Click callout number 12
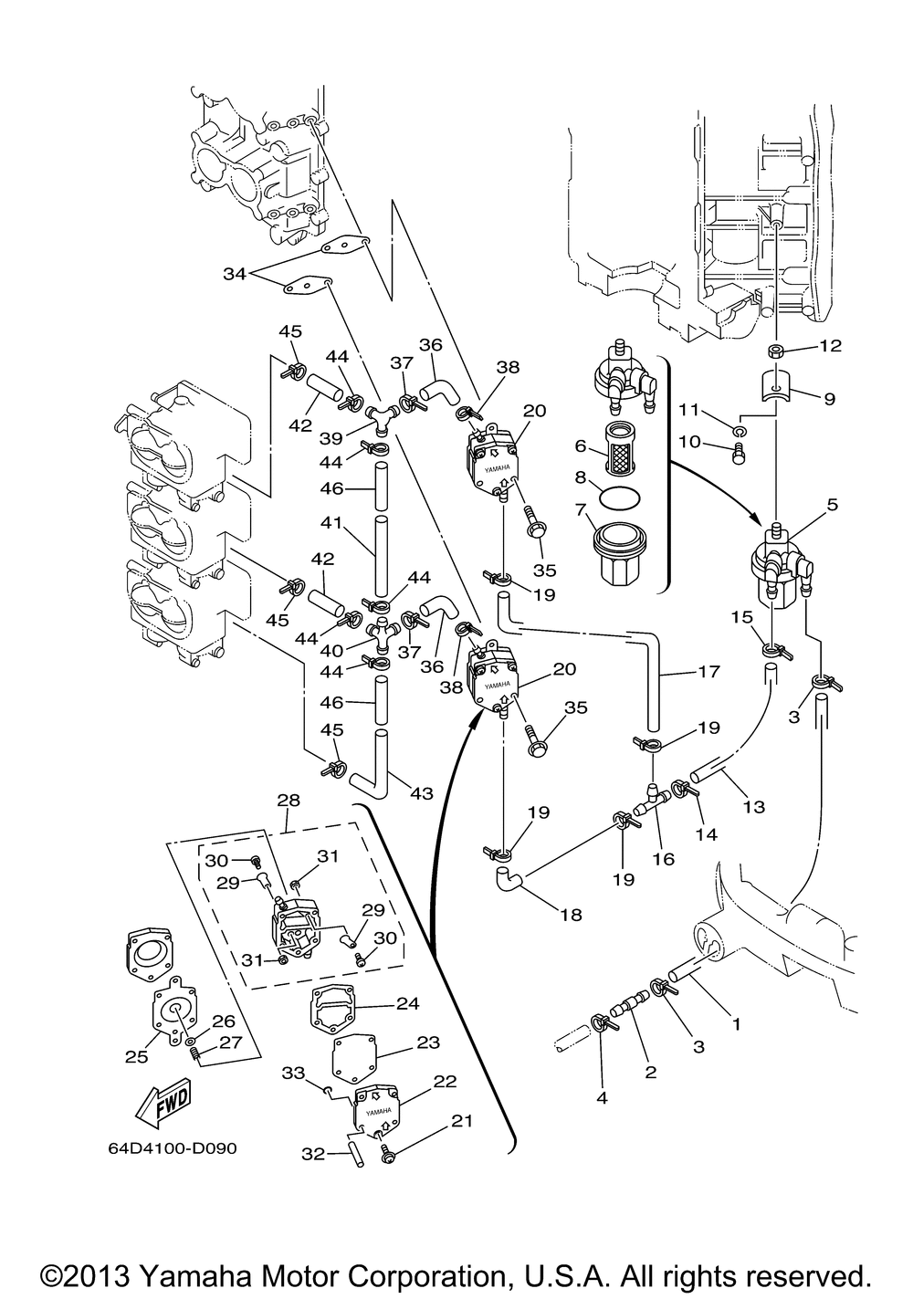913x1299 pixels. click(830, 346)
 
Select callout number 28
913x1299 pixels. click(288, 801)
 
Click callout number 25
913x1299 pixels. click(136, 1057)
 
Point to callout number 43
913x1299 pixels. click(421, 794)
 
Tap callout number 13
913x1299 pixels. click(754, 807)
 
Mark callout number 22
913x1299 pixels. click(445, 1080)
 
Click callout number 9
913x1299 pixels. click(829, 398)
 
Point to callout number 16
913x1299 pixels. click(664, 859)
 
